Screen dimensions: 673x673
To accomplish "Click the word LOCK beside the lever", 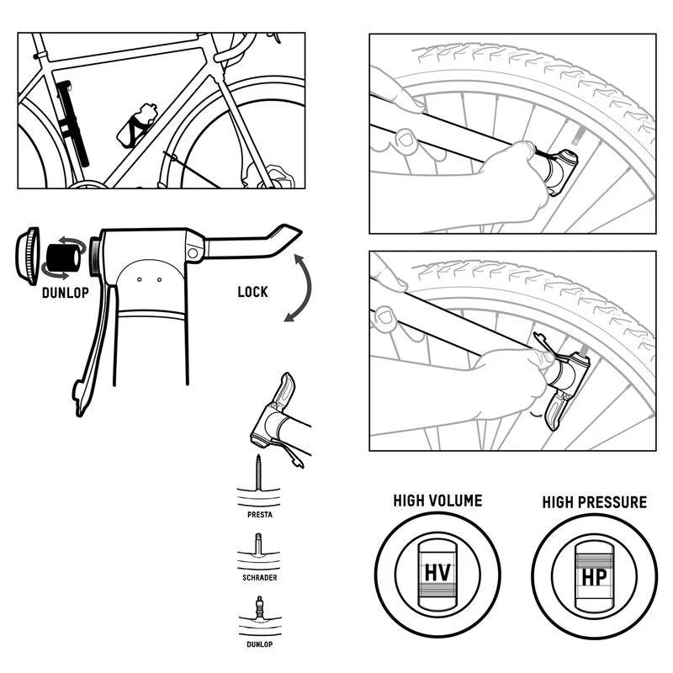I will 252,292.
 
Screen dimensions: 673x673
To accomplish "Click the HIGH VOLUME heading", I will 437,501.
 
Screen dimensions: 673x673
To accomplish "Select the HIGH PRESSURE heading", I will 594,502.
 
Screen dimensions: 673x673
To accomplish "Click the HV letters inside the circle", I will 437,573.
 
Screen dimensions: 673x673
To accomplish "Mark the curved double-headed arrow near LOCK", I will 299,291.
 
